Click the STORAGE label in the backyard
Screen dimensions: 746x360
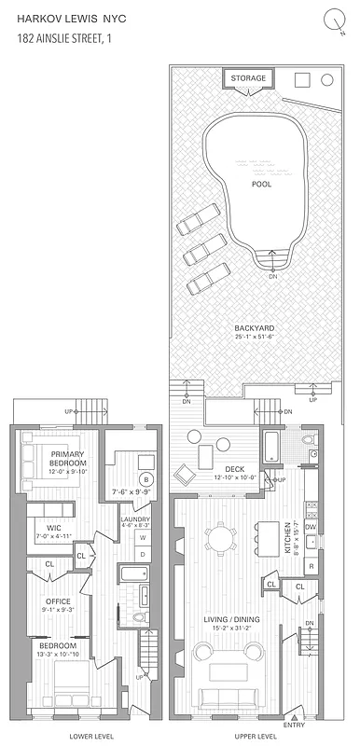[x=249, y=78]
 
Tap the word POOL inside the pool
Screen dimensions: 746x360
[x=262, y=184]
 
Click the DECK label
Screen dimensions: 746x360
[x=234, y=468]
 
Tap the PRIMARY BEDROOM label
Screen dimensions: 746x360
[x=68, y=459]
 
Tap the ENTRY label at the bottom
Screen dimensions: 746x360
[x=294, y=725]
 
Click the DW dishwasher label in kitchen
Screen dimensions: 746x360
[x=312, y=527]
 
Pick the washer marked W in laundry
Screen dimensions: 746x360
[x=143, y=537]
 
